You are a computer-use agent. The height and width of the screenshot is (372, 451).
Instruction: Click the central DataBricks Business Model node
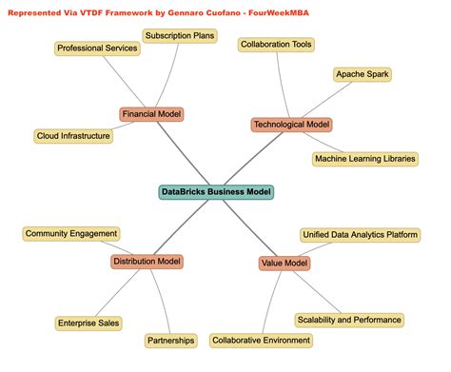coord(217,192)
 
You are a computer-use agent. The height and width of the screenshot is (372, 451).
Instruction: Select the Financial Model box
coord(151,114)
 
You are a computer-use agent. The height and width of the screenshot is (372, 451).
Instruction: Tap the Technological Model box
coord(291,125)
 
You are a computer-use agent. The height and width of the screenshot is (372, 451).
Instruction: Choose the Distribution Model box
coord(147,262)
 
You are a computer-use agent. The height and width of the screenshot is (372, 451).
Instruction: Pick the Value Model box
coord(284,264)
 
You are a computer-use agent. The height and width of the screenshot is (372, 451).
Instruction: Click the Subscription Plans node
coord(180,37)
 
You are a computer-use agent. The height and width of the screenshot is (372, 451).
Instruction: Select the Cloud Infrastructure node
coord(73,136)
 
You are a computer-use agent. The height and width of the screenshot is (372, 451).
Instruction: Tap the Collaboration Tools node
coord(276,45)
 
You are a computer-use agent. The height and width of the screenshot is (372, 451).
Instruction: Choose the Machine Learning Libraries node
coord(365,159)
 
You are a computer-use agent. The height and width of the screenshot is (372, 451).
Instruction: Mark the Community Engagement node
coord(71,233)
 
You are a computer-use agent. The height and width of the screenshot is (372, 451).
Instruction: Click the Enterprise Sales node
coord(88,323)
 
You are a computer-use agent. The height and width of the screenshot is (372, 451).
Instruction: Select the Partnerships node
coord(171,340)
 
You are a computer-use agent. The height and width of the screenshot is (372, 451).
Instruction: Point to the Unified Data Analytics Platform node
coord(360,234)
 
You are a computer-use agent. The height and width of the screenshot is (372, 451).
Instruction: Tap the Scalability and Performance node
coord(349,320)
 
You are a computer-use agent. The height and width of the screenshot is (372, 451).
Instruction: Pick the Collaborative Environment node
coord(261,340)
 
